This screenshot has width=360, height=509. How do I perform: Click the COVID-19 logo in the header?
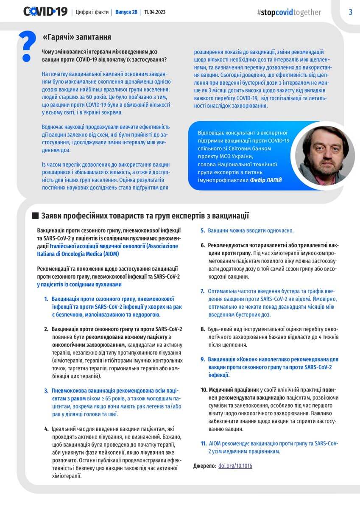tap(45, 11)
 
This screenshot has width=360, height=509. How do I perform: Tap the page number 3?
tap(351, 12)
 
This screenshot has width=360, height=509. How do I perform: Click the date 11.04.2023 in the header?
tap(155, 12)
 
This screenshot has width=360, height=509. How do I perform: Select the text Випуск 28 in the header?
tap(126, 12)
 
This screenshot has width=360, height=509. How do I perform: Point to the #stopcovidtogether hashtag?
tap(289, 12)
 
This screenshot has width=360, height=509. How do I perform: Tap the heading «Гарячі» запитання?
tap(77, 37)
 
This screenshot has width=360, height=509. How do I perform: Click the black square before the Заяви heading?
tap(35, 215)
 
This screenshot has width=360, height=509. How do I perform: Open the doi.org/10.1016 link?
tap(235, 466)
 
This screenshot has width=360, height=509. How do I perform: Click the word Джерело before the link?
tap(204, 466)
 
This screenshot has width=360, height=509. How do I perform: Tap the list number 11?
tap(204, 443)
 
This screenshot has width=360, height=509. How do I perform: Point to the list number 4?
tap(46, 429)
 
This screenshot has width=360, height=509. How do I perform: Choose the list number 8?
tap(203, 329)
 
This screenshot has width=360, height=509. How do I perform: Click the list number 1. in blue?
tap(46, 299)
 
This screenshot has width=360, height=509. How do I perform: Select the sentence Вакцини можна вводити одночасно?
tap(251, 230)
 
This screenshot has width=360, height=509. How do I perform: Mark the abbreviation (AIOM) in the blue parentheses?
tap(108, 254)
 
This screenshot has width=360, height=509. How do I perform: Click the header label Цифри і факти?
tap(92, 12)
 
